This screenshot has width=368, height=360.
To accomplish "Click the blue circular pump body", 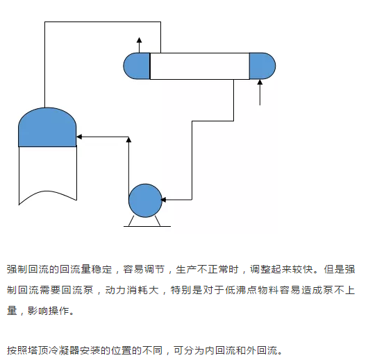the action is pyautogui.click(x=145, y=200).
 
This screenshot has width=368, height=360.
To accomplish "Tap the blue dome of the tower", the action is pyautogui.click(x=47, y=128).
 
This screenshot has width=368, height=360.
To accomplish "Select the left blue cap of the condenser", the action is pyautogui.click(x=137, y=66).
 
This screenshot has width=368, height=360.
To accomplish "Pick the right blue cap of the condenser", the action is pyautogui.click(x=262, y=66).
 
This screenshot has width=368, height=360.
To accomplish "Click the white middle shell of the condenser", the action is pyautogui.click(x=200, y=66).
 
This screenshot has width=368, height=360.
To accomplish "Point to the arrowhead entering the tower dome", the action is pyautogui.click(x=79, y=137).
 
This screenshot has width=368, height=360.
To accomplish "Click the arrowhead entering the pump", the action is pyautogui.click(x=163, y=200).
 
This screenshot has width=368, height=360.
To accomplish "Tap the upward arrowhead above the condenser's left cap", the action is pyautogui.click(x=139, y=40).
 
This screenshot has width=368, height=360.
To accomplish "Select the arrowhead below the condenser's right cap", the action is pyautogui.click(x=260, y=82).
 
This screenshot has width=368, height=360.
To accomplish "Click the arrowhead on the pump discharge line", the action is pyautogui.click(x=128, y=139).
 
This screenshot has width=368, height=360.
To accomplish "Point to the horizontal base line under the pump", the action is pyautogui.click(x=147, y=226).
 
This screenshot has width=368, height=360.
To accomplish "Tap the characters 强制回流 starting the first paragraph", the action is pyautogui.click(x=28, y=269).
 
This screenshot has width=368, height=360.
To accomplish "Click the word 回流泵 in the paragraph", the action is pyautogui.click(x=78, y=290).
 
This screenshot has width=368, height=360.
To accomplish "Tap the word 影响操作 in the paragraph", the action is pyautogui.click(x=49, y=311).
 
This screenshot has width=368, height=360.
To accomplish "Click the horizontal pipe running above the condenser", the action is pyautogui.click(x=103, y=22).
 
